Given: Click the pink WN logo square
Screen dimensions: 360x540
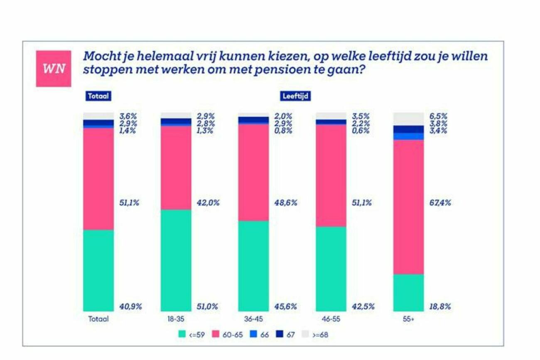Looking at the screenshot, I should tap(53, 69).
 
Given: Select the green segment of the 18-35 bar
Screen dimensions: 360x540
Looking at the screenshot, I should tap(176, 260).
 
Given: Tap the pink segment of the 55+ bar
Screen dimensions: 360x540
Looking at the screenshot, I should tap(408, 207).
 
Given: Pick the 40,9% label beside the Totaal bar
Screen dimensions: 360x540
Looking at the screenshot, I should tap(131, 307).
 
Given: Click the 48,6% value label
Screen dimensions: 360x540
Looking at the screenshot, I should tap(286, 203).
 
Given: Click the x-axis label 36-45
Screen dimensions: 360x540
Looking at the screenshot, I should tap(253, 319).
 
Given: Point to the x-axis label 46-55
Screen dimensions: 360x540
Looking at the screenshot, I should tap(331, 319).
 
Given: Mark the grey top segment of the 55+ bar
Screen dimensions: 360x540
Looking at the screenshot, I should tap(408, 119).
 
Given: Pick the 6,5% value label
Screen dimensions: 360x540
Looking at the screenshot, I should tap(438, 117).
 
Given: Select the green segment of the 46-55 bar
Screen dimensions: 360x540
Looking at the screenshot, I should tap(331, 269).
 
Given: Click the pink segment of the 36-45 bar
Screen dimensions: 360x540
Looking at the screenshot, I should tap(253, 172).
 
